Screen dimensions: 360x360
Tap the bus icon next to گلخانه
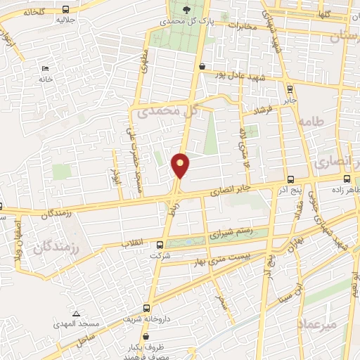point(65,9)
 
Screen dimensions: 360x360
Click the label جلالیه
point(65,20)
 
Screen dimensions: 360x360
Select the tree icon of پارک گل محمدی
point(186,9)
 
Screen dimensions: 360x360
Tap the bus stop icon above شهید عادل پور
point(202,66)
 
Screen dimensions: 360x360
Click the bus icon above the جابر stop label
point(290,89)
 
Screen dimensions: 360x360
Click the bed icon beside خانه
point(46,69)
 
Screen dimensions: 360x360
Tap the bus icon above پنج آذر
point(290,179)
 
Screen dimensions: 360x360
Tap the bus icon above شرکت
point(160,245)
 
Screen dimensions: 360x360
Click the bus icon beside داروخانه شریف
point(146,307)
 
